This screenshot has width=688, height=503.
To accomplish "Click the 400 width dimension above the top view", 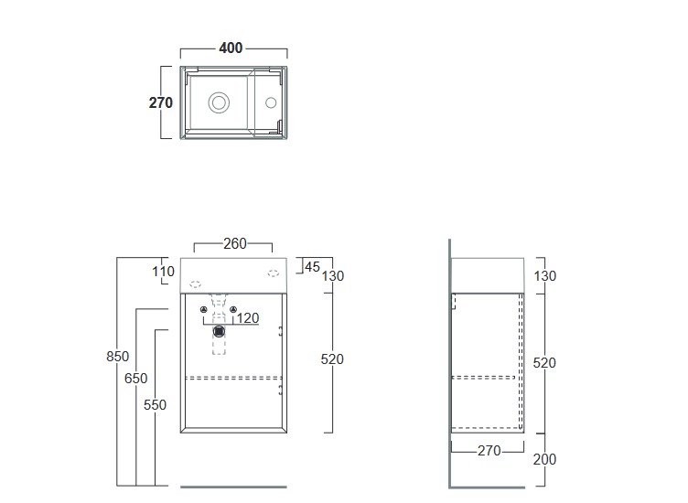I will click(x=231, y=48).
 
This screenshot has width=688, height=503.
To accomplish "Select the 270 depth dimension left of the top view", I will click(x=161, y=102).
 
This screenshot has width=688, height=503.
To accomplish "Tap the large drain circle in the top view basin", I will click(x=220, y=102).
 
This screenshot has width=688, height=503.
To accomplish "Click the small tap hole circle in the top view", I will click(x=270, y=103).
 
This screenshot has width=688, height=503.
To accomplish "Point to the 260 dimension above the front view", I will click(x=234, y=244).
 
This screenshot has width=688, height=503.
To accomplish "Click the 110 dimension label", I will click(x=163, y=271).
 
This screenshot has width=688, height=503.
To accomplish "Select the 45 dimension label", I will click(x=311, y=267).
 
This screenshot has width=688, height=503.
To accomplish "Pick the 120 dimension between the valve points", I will click(x=248, y=318).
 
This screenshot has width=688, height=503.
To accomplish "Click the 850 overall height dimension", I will click(x=118, y=357).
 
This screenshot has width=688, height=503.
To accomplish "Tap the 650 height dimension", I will click(x=137, y=379).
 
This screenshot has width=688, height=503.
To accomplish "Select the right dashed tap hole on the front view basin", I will click(x=273, y=272).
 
